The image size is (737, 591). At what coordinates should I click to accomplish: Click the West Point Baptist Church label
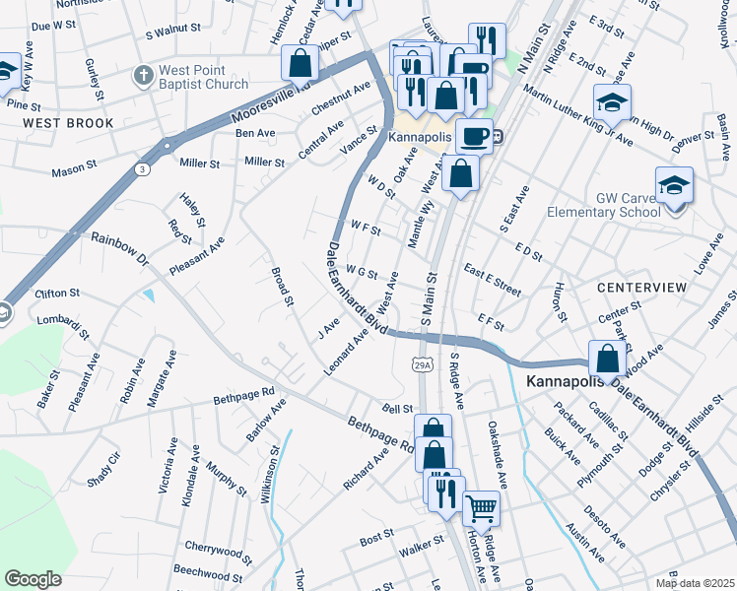pyautogui.click(x=204, y=77)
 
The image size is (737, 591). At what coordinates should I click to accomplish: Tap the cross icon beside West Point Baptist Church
pyautogui.click(x=143, y=75)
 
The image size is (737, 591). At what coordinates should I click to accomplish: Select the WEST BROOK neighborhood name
pyautogui.click(x=68, y=123)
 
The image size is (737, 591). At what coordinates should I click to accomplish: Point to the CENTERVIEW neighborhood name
pyautogui.click(x=641, y=287)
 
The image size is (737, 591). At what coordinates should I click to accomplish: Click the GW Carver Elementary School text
pyautogui.click(x=628, y=205)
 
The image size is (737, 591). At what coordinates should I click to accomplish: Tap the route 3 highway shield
pyautogui.click(x=143, y=169)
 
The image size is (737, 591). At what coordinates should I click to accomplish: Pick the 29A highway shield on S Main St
pyautogui.click(x=419, y=365)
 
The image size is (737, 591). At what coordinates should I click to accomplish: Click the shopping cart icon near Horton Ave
pyautogui.click(x=481, y=508)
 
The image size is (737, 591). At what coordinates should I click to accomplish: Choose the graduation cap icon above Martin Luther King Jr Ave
pyautogui.click(x=612, y=101)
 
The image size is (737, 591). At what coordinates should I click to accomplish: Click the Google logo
pyautogui.click(x=33, y=579)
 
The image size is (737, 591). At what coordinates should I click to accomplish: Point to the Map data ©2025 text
pyautogui.click(x=695, y=583)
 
